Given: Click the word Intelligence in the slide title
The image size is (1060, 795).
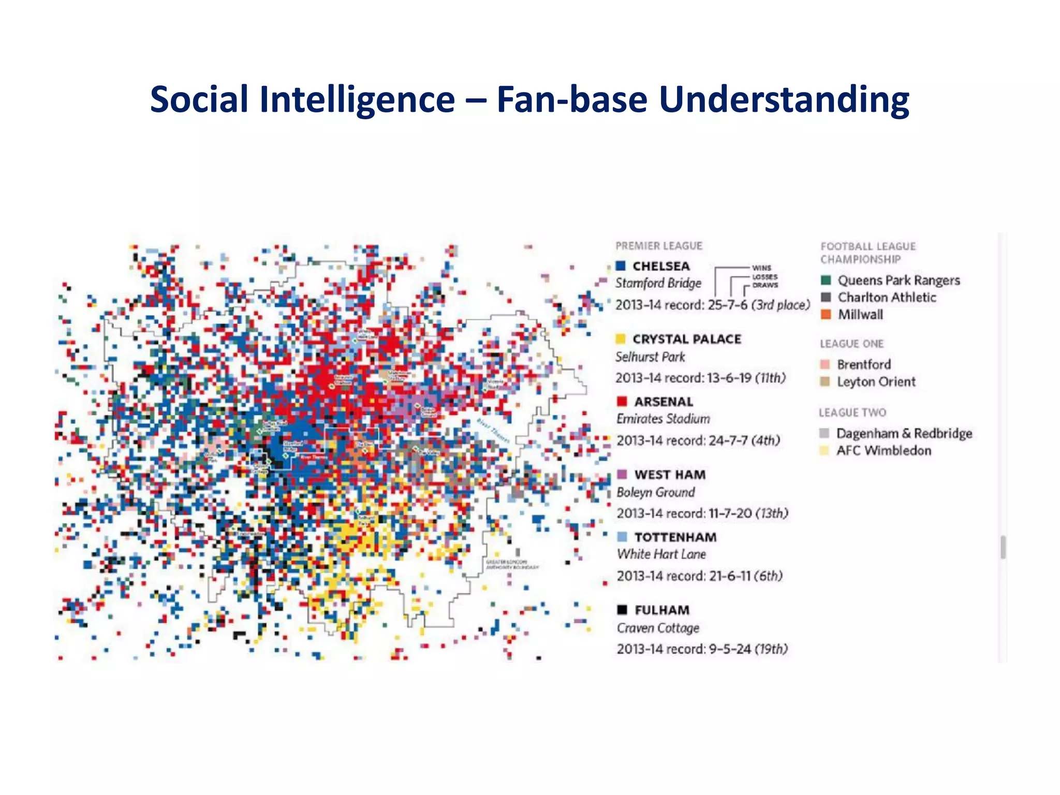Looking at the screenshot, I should pos(357,99).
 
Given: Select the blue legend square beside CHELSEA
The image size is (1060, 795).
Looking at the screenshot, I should pos(621,266).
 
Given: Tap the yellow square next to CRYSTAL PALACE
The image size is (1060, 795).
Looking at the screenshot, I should pos(620,339).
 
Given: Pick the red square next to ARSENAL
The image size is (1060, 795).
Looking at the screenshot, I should pos(622,401).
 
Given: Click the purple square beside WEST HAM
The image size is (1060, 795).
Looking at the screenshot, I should pos(622,474).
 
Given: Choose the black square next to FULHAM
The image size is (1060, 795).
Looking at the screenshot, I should pos(622,610).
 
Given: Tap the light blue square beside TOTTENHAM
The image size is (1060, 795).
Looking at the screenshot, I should pos(622,537).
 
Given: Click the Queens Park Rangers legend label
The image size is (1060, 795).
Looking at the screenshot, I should pos(899,281).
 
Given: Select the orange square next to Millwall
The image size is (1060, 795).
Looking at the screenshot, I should pos(826,314).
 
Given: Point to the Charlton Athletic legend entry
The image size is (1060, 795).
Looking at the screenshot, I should pos(887,298).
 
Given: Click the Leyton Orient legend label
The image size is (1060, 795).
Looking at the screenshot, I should pos(876,382).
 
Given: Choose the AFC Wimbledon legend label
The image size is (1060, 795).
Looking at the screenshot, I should pos(884,451).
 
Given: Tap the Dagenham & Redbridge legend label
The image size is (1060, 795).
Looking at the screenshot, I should pos(904,433).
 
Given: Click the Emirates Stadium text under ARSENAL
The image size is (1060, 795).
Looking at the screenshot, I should pos(663,419).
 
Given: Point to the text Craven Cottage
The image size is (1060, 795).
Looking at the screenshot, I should pos(658,628).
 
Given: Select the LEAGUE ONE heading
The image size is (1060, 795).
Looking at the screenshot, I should pos(851,344).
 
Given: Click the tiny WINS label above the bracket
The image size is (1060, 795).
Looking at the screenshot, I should pos(761,268).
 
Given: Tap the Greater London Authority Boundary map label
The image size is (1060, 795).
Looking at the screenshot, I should pos(511,565).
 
